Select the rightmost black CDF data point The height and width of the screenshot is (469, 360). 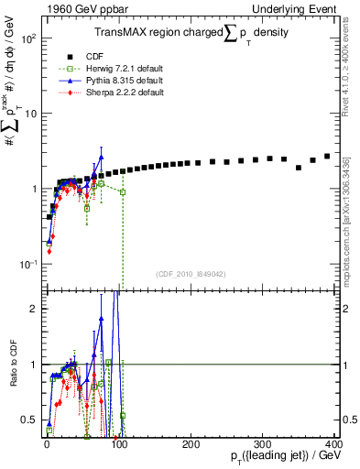tap(327, 157)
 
